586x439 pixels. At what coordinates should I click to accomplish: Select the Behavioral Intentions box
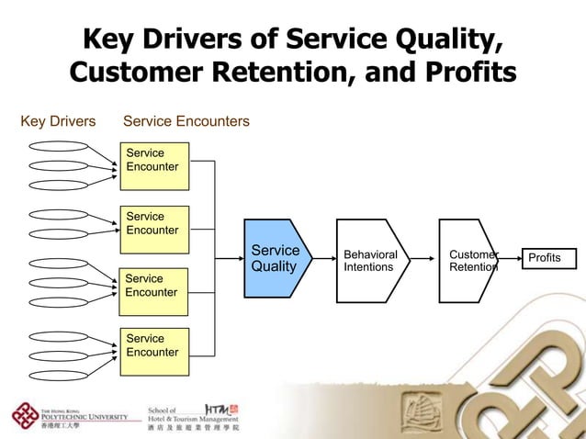point(370,260)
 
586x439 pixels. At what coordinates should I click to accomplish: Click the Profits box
point(549,259)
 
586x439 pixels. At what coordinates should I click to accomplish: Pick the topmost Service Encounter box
point(154,165)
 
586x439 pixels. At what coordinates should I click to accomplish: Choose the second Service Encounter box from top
point(154,230)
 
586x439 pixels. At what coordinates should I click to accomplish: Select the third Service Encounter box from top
point(154,290)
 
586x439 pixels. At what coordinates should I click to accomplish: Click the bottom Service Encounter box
point(154,351)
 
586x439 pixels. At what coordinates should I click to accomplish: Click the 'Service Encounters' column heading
point(186,121)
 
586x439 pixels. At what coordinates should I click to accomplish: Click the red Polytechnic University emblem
point(23,415)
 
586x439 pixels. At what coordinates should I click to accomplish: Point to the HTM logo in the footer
point(221,408)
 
